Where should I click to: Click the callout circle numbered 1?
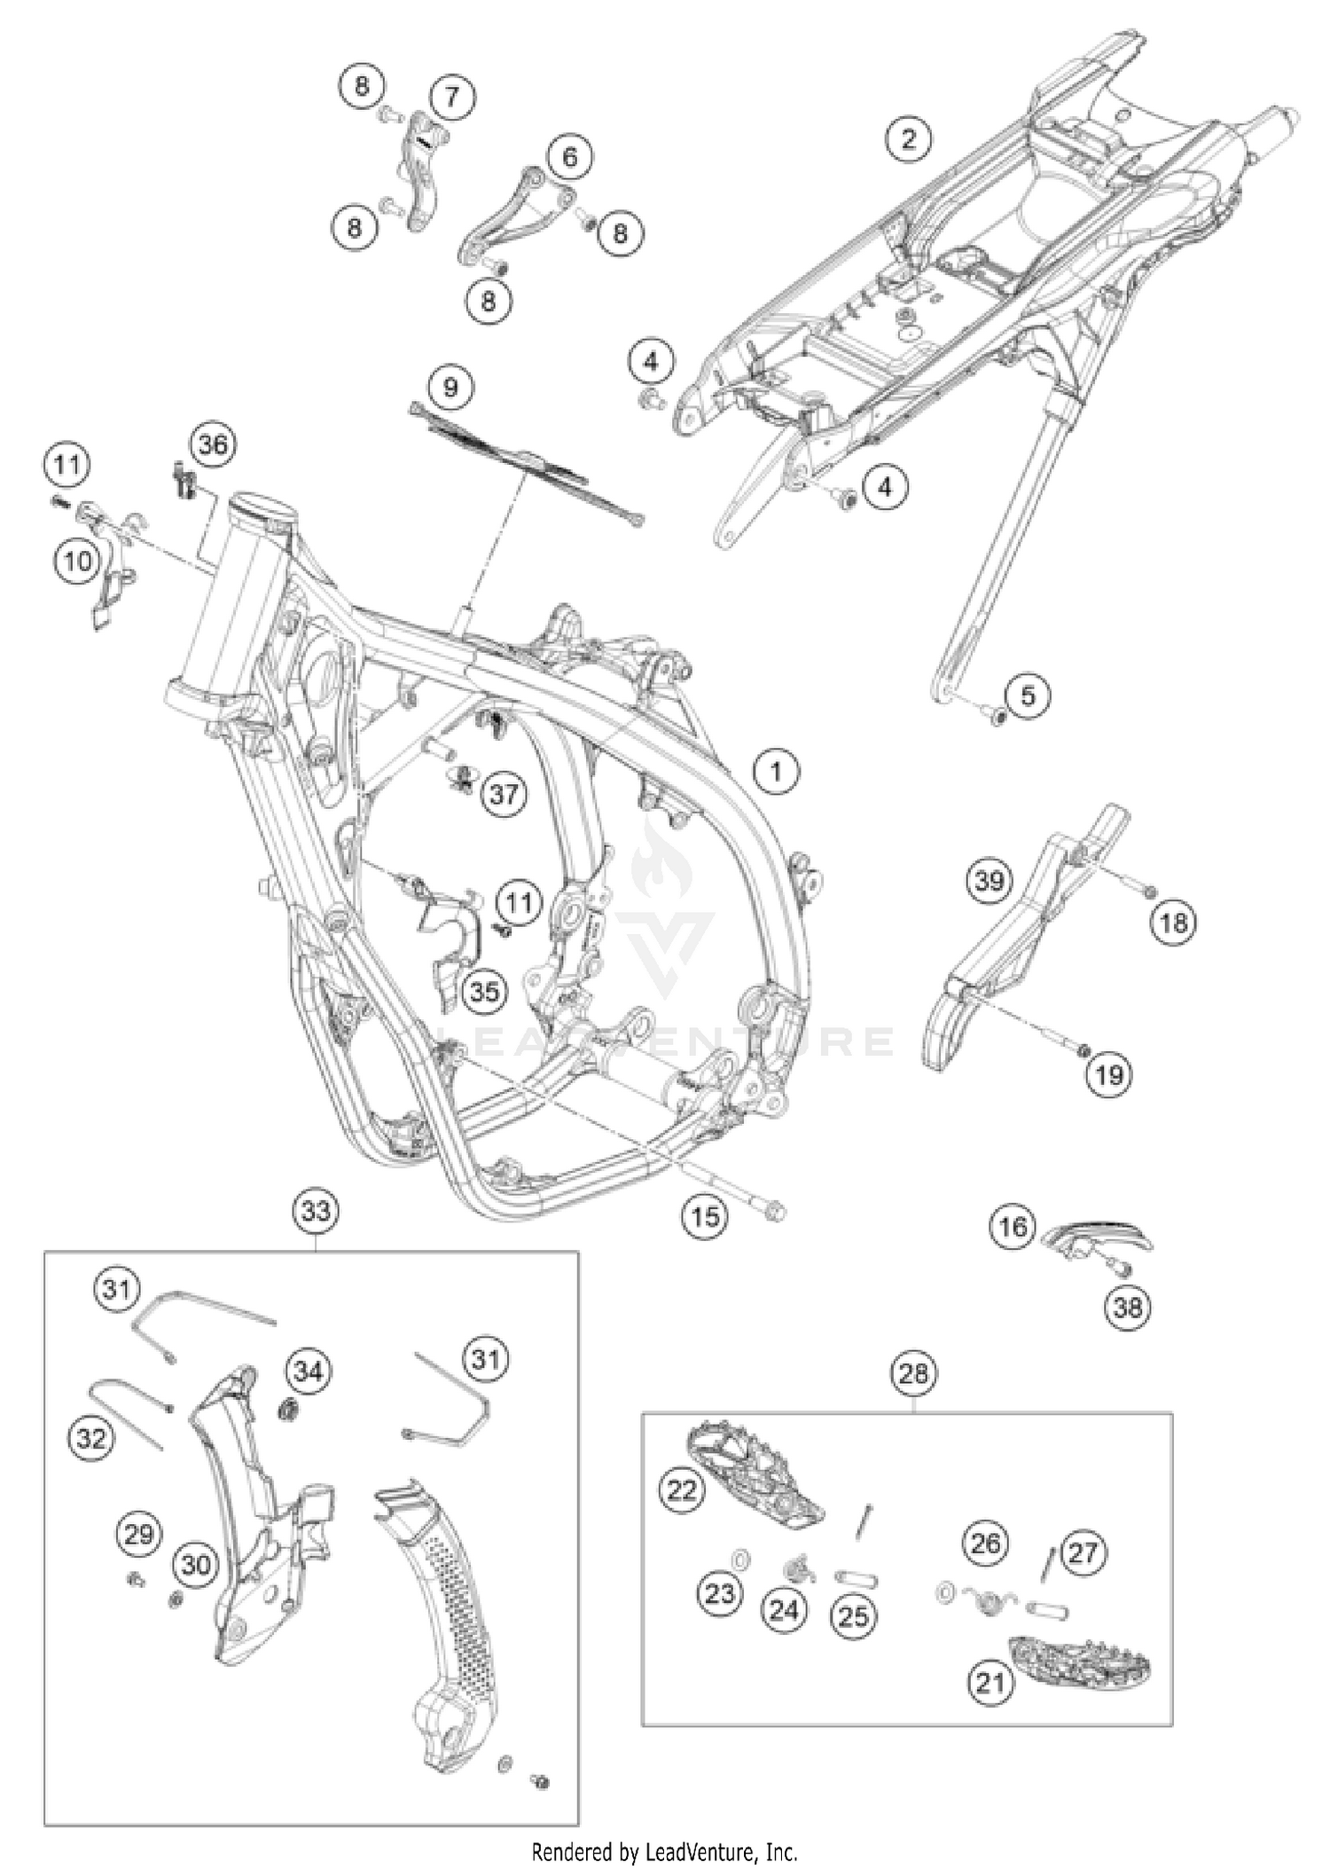[776, 773]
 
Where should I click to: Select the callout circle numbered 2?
[908, 138]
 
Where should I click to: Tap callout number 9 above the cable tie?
[450, 388]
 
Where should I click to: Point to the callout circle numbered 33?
[316, 1212]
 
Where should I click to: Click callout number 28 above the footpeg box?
[913, 1374]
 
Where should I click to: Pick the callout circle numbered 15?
[705, 1216]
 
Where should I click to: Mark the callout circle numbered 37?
[504, 793]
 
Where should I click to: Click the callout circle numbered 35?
[484, 991]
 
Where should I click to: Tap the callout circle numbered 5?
[1027, 695]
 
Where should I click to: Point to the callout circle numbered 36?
[213, 444]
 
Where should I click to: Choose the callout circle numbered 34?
[308, 1371]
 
